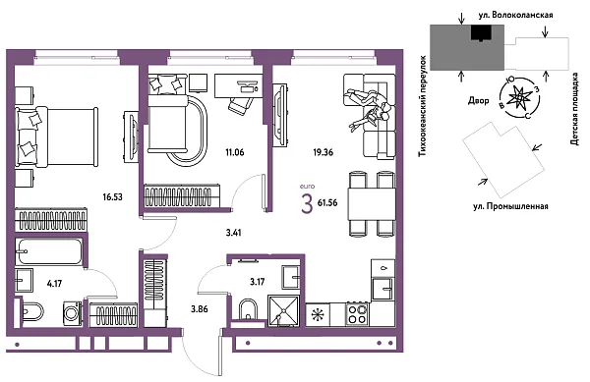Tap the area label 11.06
click(234, 152)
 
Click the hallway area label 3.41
click(234, 234)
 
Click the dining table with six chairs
click(371, 202)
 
